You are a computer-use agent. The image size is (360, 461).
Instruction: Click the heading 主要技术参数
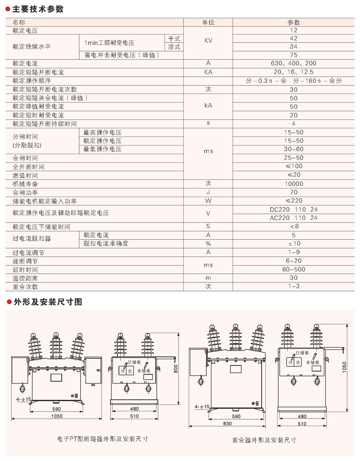coord(37,9)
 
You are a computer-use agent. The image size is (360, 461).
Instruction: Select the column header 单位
coord(208,22)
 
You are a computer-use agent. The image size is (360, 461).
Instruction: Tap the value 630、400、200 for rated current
coord(293,63)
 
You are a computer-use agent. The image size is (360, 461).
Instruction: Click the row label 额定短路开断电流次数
coord(45,89)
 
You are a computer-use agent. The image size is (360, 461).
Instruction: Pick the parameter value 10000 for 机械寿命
coord(293,184)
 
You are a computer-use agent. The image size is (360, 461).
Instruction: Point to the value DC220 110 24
coord(293,209)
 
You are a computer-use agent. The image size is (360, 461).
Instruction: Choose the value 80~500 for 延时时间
coord(293,269)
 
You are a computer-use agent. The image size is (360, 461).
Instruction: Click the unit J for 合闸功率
coord(208,192)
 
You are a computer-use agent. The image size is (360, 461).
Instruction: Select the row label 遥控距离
coord(25,278)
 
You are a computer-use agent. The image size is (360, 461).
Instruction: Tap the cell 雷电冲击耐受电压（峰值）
coord(122,55)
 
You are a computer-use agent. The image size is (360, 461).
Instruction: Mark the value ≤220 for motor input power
coord(293,201)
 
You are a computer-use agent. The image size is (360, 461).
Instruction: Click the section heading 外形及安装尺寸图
coord(48,302)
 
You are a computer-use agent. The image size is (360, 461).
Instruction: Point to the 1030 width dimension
coord(57,416)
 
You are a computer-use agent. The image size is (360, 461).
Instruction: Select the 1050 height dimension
coord(344,367)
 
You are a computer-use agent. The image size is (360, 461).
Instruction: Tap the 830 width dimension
coord(227,424)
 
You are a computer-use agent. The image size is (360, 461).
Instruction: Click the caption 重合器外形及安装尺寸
coord(264,440)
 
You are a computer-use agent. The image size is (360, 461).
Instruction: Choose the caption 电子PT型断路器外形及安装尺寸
coord(103,439)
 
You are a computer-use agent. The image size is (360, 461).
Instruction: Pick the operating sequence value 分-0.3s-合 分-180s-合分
coord(293,81)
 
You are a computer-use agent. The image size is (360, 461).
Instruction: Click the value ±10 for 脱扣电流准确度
coord(293,244)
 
